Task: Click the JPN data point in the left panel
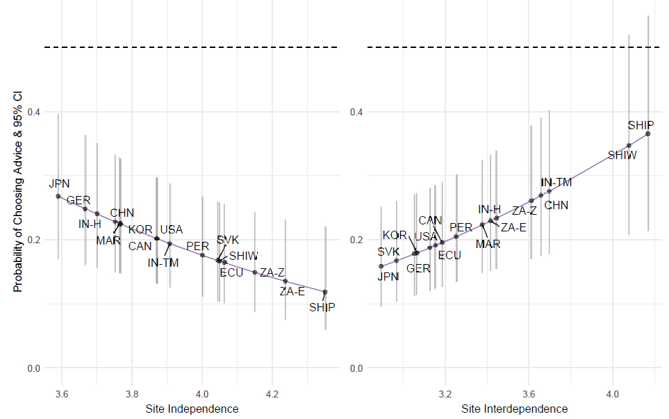[x=58, y=196]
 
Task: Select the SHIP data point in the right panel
[x=647, y=133]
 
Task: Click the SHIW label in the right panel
[x=622, y=156]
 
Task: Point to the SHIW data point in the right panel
[x=629, y=146]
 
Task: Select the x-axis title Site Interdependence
[x=514, y=409]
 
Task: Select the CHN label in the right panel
[x=556, y=205]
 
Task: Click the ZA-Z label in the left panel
[x=272, y=272]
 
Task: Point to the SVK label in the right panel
[x=389, y=252]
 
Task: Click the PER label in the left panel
[x=197, y=246]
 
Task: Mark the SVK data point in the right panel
[x=381, y=266]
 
